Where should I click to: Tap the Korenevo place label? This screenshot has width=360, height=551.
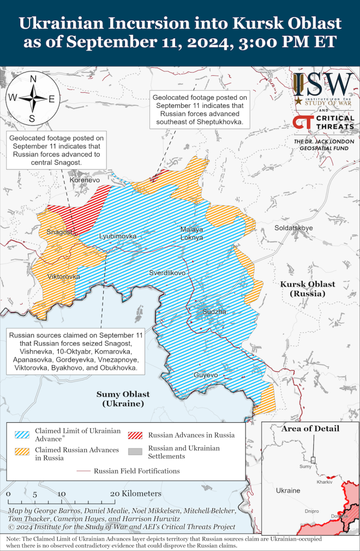click(85, 181)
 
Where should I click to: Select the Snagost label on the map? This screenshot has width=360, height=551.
click(60, 232)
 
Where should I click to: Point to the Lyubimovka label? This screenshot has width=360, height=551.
click(118, 236)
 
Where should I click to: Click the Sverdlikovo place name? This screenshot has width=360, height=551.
click(167, 273)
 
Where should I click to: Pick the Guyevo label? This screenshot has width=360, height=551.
click(205, 375)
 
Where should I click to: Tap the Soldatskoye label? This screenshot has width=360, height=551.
click(293, 228)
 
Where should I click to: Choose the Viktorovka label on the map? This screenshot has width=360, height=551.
click(64, 277)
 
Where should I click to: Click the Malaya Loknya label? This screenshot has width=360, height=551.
click(192, 234)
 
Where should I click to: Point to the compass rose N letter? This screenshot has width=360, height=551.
click(33, 79)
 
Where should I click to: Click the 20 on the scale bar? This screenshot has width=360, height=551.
click(114, 494)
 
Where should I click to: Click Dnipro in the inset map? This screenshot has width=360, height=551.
click(312, 511)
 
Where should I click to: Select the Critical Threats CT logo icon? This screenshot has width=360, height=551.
click(302, 122)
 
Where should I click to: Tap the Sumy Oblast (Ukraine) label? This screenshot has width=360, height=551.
click(123, 399)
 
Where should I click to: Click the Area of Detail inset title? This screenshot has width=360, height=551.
click(310, 428)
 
